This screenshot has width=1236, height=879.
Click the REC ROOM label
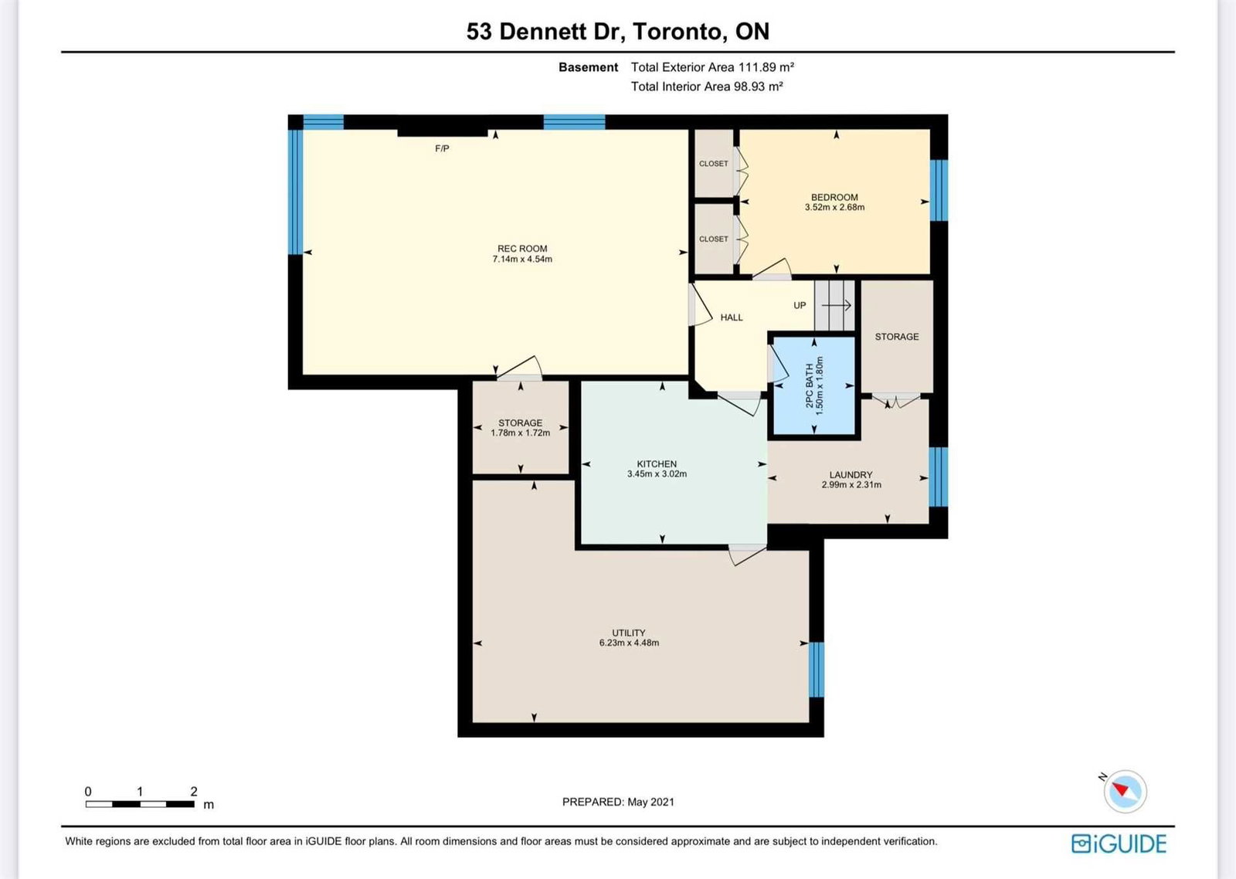(522, 249)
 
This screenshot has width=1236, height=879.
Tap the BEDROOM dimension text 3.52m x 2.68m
(834, 208)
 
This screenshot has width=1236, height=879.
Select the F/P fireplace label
(442, 148)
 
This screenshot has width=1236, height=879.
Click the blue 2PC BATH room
(814, 385)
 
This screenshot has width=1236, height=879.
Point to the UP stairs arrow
(837, 305)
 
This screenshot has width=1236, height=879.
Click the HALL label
(732, 317)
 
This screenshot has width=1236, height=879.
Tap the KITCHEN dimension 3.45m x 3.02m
(657, 474)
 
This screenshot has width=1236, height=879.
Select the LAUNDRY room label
(851, 475)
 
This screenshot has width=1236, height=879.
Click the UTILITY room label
(629, 633)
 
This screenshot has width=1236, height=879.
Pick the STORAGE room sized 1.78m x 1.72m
(521, 428)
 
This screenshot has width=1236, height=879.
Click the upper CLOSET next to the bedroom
(714, 163)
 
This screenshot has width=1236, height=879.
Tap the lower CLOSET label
(714, 239)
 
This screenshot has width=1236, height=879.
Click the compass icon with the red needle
(1125, 791)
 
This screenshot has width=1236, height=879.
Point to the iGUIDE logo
(1119, 843)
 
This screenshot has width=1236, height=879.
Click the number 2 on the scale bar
(194, 791)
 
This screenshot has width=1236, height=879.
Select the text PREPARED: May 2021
(618, 802)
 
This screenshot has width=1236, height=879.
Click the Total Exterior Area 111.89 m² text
(712, 67)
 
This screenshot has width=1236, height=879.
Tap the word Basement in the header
(588, 67)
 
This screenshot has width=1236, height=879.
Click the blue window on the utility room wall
(816, 670)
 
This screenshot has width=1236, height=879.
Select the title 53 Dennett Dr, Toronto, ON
(618, 32)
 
